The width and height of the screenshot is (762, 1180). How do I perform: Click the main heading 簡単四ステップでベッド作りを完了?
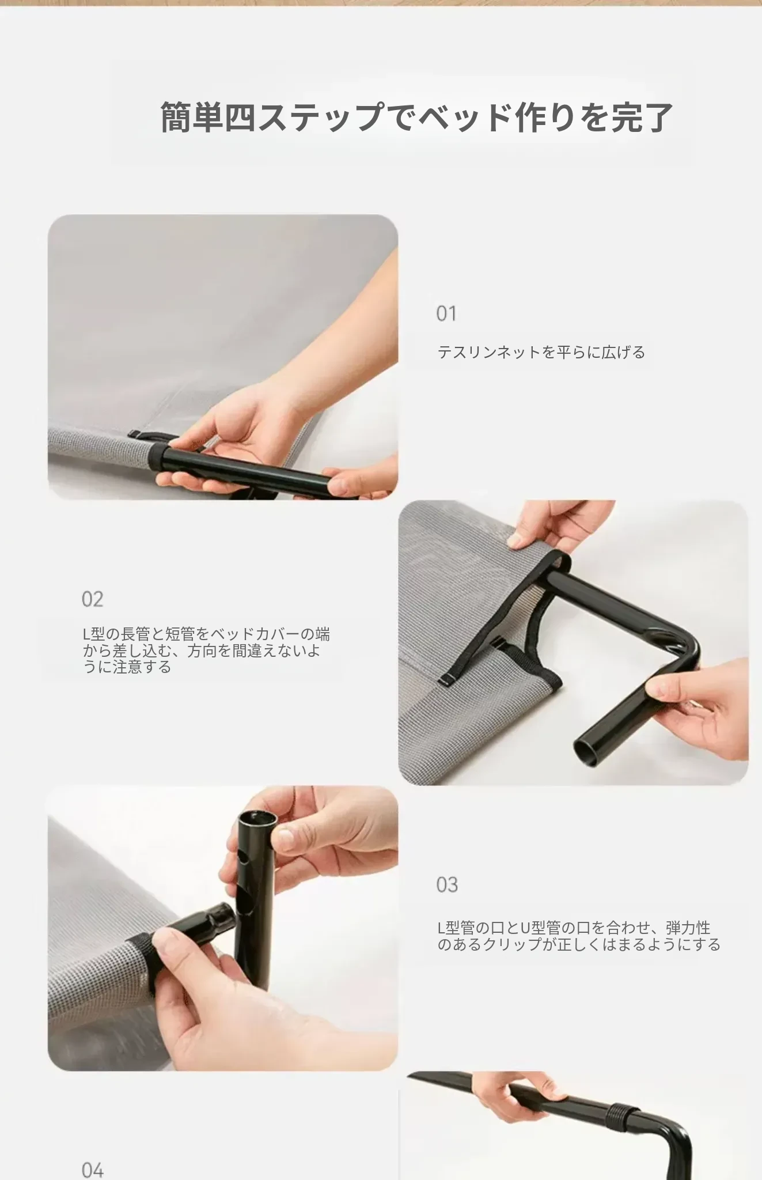pyautogui.click(x=416, y=117)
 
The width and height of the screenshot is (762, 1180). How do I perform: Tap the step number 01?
pyautogui.click(x=446, y=313)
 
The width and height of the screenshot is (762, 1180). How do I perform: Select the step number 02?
pyautogui.click(x=92, y=599)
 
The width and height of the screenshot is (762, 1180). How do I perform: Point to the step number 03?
pyautogui.click(x=447, y=884)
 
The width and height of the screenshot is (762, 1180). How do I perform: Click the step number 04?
pyautogui.click(x=92, y=1171)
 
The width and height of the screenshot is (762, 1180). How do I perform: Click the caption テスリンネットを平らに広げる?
pyautogui.click(x=541, y=352)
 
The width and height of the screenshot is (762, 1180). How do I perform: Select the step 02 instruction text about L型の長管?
pyautogui.click(x=206, y=650)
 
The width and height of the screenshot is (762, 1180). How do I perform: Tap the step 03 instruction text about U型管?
pyautogui.click(x=579, y=936)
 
